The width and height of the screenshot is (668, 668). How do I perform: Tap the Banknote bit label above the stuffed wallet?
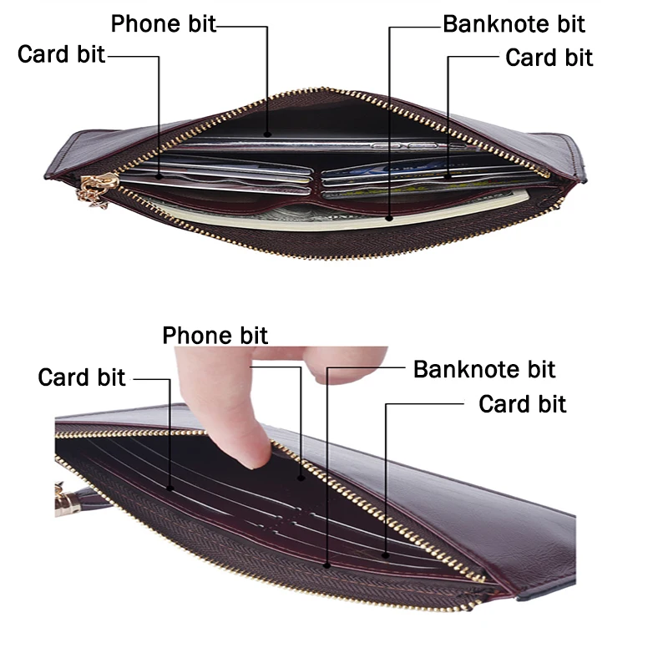514,23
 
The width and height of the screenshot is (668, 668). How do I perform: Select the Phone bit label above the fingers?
215,336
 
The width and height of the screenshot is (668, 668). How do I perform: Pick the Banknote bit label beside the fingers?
484,369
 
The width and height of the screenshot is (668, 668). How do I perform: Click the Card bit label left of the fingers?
82,377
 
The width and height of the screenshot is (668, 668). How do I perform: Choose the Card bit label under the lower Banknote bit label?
522,404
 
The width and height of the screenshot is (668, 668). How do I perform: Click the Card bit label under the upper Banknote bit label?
549,58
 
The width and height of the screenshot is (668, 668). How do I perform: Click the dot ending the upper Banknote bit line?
389,219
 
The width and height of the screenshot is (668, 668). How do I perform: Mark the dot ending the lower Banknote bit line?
326,565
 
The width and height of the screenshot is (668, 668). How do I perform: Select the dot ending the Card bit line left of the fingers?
171,488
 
